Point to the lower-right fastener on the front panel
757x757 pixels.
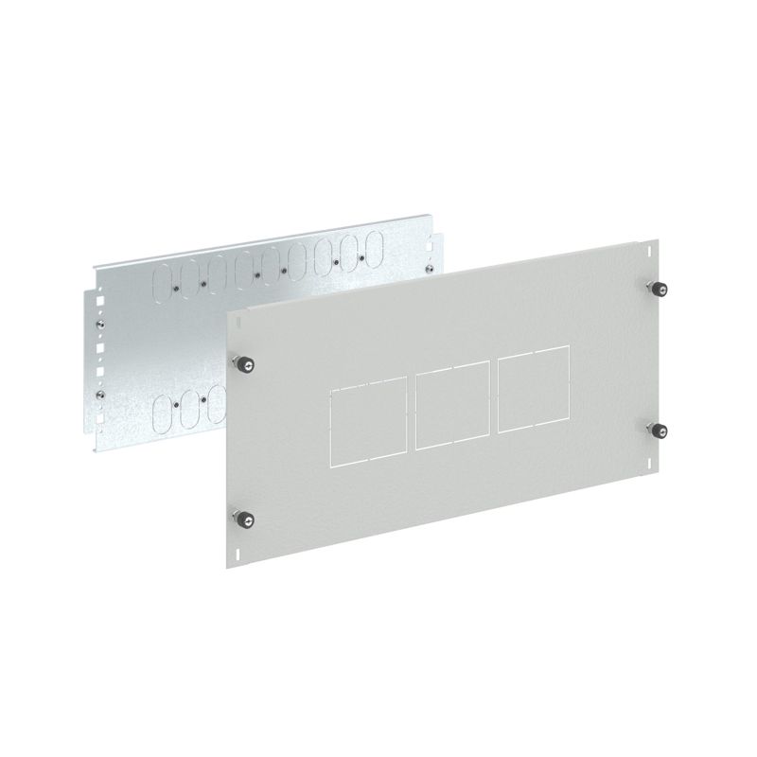pyautogui.click(x=656, y=431)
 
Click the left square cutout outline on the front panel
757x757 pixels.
pyautogui.click(x=368, y=421)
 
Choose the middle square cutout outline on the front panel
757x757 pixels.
pyautogui.click(x=449, y=410)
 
